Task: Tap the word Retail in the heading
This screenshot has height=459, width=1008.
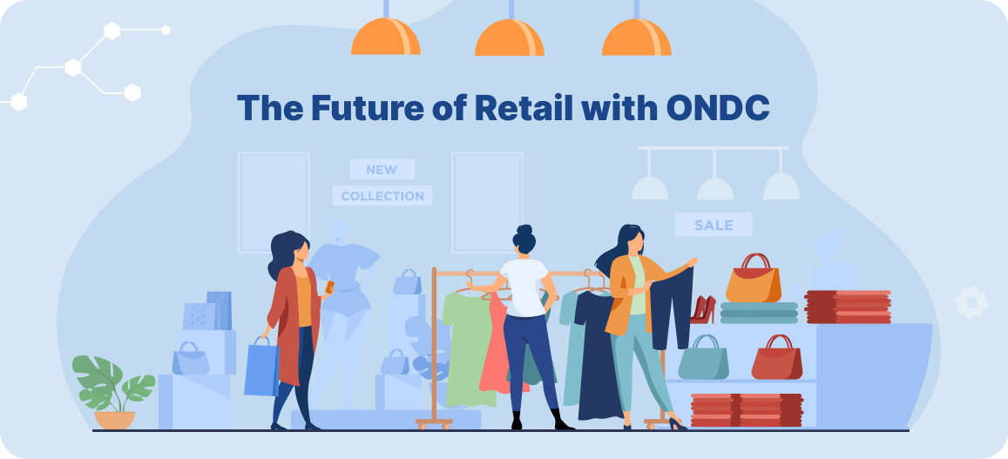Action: [x=524, y=107]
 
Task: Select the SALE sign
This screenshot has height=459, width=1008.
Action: [x=713, y=225]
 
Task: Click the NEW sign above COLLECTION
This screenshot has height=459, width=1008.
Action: [x=382, y=170]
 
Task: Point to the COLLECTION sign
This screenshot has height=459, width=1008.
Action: [x=382, y=196]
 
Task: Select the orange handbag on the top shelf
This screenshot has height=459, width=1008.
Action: [x=752, y=280]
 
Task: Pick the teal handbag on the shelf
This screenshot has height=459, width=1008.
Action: [x=703, y=359]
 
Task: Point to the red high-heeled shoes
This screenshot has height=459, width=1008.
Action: [x=702, y=309]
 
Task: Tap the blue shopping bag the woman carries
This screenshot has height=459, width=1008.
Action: [x=260, y=367]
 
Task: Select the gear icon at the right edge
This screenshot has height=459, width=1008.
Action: [x=971, y=301]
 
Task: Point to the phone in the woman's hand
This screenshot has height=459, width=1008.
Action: [x=329, y=287]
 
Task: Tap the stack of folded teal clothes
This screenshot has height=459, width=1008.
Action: [x=758, y=313]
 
